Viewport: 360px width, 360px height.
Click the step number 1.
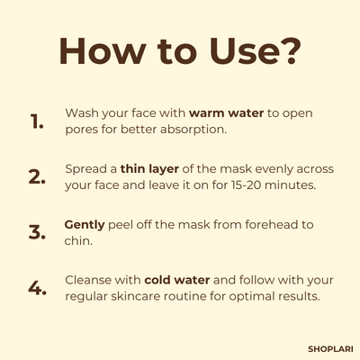[37, 122]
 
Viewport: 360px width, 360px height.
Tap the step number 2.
[37, 176]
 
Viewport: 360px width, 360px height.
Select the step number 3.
[37, 231]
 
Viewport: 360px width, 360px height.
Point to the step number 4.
[37, 287]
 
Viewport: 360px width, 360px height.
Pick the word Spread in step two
[85, 168]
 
